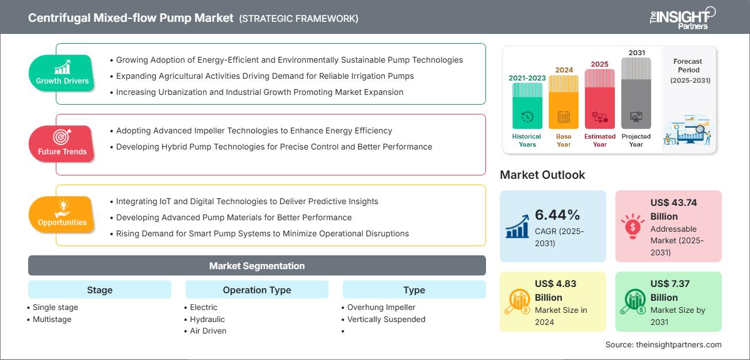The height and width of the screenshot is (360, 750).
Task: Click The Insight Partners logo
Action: tap(682, 17)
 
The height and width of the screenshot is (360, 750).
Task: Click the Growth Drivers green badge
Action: tap(62, 73)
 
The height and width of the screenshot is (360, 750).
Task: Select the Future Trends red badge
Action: tap(62, 144)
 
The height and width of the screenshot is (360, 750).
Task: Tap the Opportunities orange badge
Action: tap(62, 215)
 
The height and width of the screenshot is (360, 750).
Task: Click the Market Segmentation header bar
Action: tap(257, 266)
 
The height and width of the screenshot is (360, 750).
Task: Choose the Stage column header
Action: tap(100, 290)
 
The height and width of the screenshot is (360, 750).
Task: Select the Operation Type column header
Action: tap(257, 290)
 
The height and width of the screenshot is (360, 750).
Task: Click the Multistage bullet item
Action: tap(52, 319)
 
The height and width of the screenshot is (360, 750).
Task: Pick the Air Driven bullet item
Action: tap(208, 331)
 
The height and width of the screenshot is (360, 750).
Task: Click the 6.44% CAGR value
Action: tap(557, 215)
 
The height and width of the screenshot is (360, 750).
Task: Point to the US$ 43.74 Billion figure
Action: tap(673, 209)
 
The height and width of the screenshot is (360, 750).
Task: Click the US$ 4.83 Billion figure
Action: tap(555, 290)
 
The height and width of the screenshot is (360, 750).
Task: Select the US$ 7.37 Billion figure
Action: tap(670, 290)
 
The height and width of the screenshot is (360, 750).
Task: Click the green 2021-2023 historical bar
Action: tap(527, 106)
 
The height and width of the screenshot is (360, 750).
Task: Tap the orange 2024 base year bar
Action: tap(564, 102)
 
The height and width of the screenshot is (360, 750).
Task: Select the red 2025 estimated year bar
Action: tap(600, 98)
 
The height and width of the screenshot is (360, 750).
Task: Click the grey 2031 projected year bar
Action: tap(636, 93)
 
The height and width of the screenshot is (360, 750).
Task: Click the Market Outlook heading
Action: tap(542, 175)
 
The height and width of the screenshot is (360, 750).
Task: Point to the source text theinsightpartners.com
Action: tap(663, 344)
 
